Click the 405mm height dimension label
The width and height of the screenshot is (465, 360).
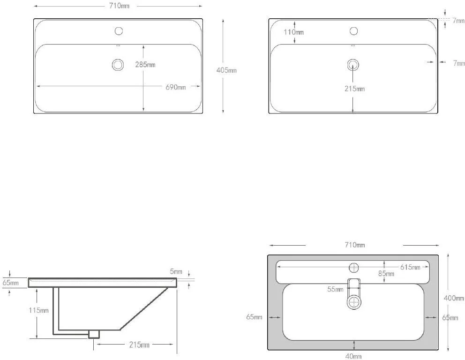pos(226,70)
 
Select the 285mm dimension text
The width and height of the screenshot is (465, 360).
pos(145,65)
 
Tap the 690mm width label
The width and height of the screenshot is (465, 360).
pos(176,87)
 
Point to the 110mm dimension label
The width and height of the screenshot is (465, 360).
pos(293,32)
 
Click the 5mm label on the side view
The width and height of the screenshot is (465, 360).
pos(176,271)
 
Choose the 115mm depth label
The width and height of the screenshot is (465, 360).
pos(38,310)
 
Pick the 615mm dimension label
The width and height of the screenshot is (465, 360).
pos(410,267)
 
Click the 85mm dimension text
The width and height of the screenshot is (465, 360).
pos(386,274)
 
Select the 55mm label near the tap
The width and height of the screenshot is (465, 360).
pos(336,289)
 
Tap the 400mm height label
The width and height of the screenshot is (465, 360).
pos(454,298)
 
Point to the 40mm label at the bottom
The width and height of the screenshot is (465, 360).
pos(353,356)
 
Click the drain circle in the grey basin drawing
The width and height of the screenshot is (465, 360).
pos(354,302)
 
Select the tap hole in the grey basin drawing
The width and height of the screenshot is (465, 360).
pos(354,268)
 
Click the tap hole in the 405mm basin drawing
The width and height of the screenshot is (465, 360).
pos(119,31)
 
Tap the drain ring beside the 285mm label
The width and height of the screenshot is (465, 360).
pos(118,65)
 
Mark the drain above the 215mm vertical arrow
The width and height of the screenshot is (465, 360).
pos(353,65)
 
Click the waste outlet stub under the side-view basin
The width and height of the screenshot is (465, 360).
pos(94,334)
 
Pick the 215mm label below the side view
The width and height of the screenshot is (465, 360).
pos(139,345)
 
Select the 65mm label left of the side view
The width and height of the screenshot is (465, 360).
pos(11,283)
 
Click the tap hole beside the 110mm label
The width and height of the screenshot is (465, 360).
pos(353,31)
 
